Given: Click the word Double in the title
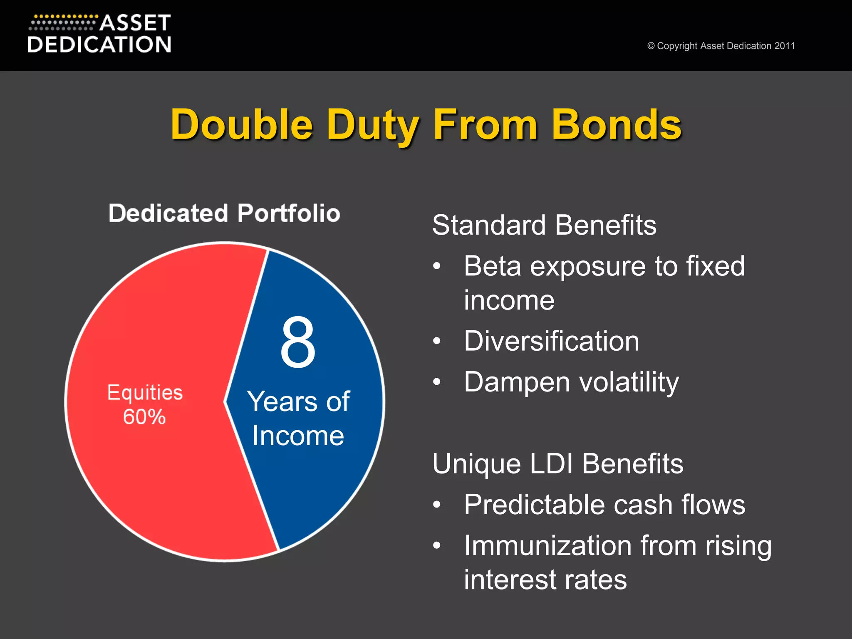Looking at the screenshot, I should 242,124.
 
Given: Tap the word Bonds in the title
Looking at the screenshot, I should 617,124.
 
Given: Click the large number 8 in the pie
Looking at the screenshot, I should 297,342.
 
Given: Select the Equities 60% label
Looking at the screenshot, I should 145,404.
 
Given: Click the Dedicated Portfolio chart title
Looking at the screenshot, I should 224,213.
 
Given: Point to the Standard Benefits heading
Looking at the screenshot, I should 544,225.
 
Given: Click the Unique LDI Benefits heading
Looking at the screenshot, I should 557,463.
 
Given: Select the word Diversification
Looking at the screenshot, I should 551,341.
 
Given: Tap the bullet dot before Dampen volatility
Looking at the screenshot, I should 436,381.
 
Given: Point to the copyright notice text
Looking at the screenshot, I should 721,46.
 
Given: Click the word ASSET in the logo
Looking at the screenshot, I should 135,23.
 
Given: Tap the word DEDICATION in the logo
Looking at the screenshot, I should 99,45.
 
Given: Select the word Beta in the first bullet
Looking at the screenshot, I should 492,266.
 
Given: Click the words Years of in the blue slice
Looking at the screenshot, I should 298,401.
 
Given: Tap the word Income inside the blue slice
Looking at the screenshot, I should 298,436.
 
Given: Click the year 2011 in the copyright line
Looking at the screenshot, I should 785,46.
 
